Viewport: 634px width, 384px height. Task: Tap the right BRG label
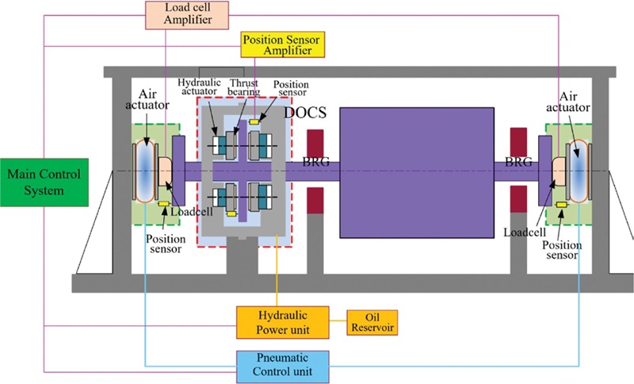[x=518, y=162]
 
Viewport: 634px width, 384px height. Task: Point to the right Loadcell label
[x=524, y=231]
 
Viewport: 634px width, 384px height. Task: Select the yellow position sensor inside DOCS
[x=254, y=121]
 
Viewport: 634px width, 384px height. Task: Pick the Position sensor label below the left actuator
[x=165, y=240]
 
